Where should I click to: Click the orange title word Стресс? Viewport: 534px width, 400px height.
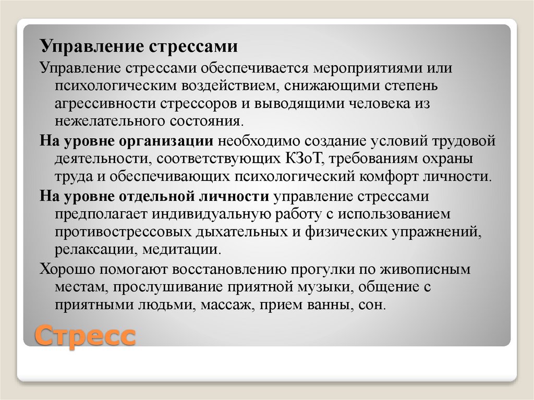click(86, 335)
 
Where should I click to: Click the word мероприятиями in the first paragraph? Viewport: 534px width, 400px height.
click(363, 68)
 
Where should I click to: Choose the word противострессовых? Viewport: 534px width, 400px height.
click(120, 232)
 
